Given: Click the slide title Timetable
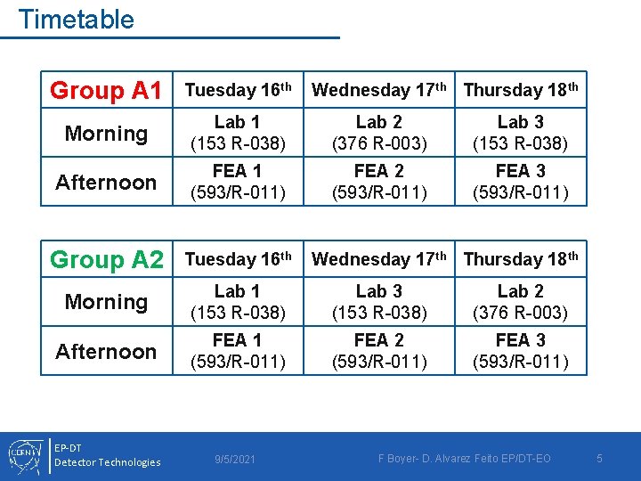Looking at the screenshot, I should point(76,19).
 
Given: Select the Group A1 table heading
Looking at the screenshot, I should point(106,90).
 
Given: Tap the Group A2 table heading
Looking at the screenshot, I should point(106,259).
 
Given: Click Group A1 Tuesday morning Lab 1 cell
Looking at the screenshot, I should point(237,132).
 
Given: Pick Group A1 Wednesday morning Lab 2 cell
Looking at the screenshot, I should point(378,132).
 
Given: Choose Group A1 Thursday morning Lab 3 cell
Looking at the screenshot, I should point(520,132).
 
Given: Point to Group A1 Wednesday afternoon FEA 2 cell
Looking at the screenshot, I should point(378,181).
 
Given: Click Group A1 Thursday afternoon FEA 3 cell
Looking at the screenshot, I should point(520,181).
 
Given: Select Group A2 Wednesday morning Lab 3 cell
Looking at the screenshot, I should point(378,301).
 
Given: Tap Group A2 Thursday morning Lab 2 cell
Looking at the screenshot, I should point(520,301).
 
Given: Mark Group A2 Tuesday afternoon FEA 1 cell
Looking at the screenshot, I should point(237,350).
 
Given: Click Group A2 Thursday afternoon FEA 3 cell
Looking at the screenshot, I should point(520,350).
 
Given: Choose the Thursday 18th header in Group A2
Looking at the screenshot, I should point(521,259).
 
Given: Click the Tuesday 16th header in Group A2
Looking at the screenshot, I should point(238,259).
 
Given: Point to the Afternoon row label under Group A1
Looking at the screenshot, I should point(106,182).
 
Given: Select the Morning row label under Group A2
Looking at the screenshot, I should point(106,302).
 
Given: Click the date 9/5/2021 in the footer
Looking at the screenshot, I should point(235,459).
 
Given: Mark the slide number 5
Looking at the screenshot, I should point(599,458).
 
